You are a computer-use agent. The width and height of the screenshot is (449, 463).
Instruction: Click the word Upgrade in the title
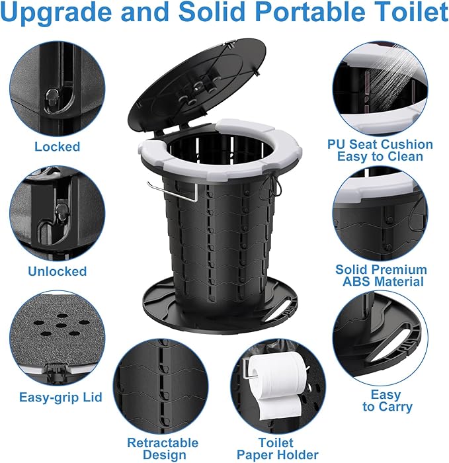pos(57,13)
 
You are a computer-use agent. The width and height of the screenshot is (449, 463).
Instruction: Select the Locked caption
pos(58,147)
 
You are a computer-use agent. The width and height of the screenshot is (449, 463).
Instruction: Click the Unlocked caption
pos(58,271)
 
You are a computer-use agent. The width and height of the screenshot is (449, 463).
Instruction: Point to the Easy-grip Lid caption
pos(61,398)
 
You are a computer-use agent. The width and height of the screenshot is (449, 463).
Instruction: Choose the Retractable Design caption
pos(163,449)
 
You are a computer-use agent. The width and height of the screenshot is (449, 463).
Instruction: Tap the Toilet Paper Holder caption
pos(277,449)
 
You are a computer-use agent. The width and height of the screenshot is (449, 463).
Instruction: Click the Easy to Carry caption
pos(387,401)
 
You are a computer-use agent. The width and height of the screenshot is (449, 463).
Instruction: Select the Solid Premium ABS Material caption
pos(382,276)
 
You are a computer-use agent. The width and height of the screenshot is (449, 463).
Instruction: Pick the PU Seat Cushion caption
pos(380,144)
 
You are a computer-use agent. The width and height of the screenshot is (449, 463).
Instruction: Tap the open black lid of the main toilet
pos(197,85)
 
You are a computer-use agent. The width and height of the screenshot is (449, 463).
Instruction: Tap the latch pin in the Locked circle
pos(52,98)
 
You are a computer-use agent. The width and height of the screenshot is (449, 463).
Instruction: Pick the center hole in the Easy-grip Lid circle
pos(61,325)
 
